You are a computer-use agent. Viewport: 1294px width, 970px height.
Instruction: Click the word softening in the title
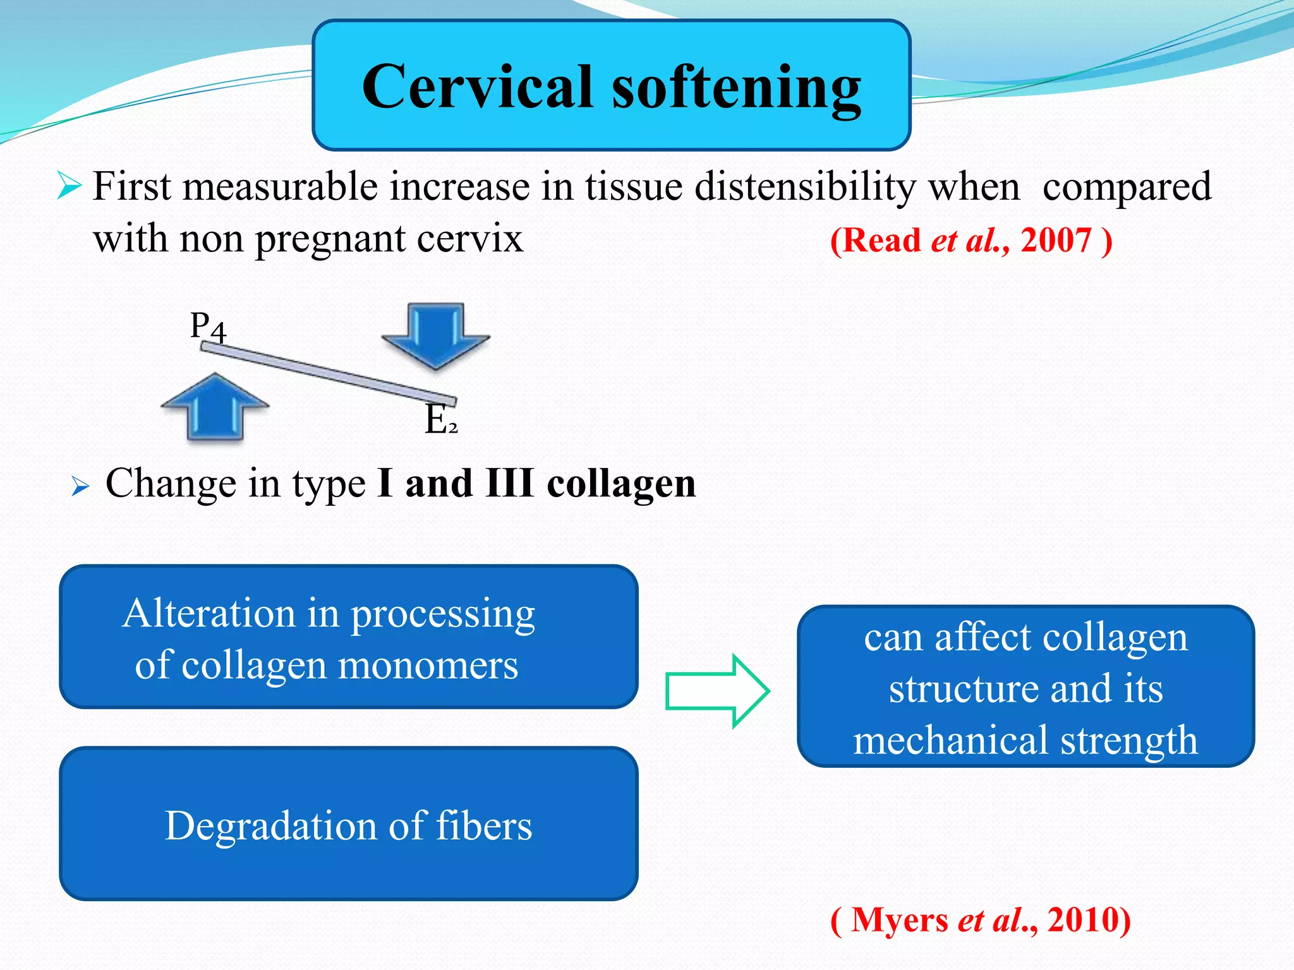736,88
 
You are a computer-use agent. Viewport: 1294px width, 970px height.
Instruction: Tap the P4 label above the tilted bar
208,327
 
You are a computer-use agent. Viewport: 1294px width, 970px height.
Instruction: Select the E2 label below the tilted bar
441,420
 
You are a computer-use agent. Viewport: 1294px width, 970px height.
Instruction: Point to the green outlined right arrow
717,691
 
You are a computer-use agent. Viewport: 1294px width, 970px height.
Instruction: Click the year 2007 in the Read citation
1056,241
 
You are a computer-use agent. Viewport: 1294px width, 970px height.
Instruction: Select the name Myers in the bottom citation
900,919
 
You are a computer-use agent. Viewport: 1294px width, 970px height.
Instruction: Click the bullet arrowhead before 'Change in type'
80,486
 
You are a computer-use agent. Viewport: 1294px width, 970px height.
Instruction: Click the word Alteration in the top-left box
209,613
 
